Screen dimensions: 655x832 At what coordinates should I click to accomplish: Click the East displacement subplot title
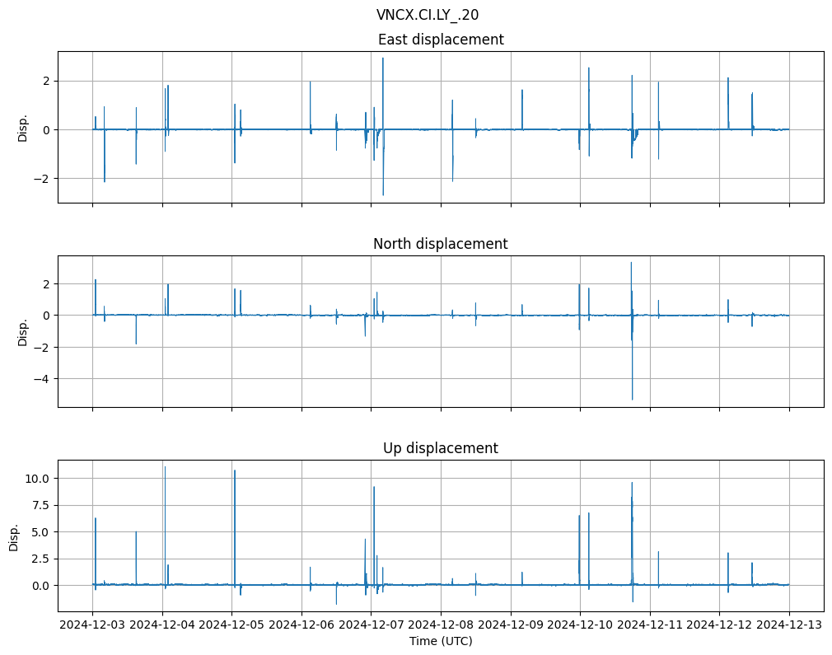click(441, 40)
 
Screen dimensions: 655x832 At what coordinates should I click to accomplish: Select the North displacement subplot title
click(441, 244)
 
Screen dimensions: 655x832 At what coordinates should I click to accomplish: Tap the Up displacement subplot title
click(441, 448)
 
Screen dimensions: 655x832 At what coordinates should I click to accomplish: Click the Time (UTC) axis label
click(441, 641)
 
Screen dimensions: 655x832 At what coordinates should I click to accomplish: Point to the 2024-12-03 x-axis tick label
click(92, 625)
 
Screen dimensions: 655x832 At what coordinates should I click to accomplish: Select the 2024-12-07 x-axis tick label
click(372, 625)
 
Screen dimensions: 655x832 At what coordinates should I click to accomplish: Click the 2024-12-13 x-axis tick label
click(790, 625)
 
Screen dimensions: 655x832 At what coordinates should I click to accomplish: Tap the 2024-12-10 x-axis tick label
click(581, 625)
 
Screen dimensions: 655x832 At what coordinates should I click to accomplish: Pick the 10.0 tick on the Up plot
click(38, 479)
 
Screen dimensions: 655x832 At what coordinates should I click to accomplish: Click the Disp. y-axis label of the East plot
click(23, 127)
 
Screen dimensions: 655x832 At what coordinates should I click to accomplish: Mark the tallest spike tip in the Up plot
click(165, 467)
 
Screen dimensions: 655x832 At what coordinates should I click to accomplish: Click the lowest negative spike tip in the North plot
click(633, 400)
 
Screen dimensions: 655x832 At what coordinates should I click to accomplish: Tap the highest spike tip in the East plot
click(383, 58)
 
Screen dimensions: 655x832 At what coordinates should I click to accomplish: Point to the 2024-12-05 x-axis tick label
click(231, 625)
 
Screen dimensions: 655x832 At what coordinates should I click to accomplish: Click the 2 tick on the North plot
click(47, 284)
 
